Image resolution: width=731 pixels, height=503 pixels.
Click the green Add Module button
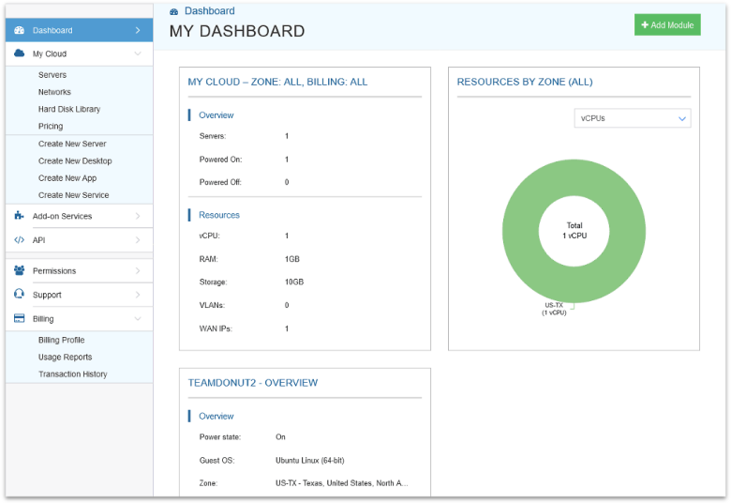pos(667,25)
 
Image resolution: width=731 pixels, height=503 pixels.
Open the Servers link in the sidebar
pos(52,75)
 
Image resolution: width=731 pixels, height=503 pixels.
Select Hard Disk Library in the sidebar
pos(69,109)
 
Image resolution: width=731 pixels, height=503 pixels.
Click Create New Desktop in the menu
pos(75,161)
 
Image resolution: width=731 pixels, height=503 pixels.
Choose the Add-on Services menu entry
pos(62,216)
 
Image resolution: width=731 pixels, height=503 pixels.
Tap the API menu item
pos(39,240)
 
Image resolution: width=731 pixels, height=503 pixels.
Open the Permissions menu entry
pos(54,271)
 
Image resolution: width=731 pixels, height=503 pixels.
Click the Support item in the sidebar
pos(47,295)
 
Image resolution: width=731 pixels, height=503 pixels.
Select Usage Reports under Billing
pos(65,357)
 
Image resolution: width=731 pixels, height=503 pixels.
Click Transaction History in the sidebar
pos(72,373)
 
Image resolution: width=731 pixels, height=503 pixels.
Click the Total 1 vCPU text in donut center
pos(574,231)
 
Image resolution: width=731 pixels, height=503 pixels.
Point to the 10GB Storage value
pos(294,282)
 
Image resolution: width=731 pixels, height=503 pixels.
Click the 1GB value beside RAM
pos(292,259)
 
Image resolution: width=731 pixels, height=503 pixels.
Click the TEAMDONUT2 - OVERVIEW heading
pos(253,383)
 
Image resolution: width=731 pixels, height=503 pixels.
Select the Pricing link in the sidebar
pos(51,126)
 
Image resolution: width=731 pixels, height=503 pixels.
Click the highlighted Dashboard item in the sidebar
pos(52,30)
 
